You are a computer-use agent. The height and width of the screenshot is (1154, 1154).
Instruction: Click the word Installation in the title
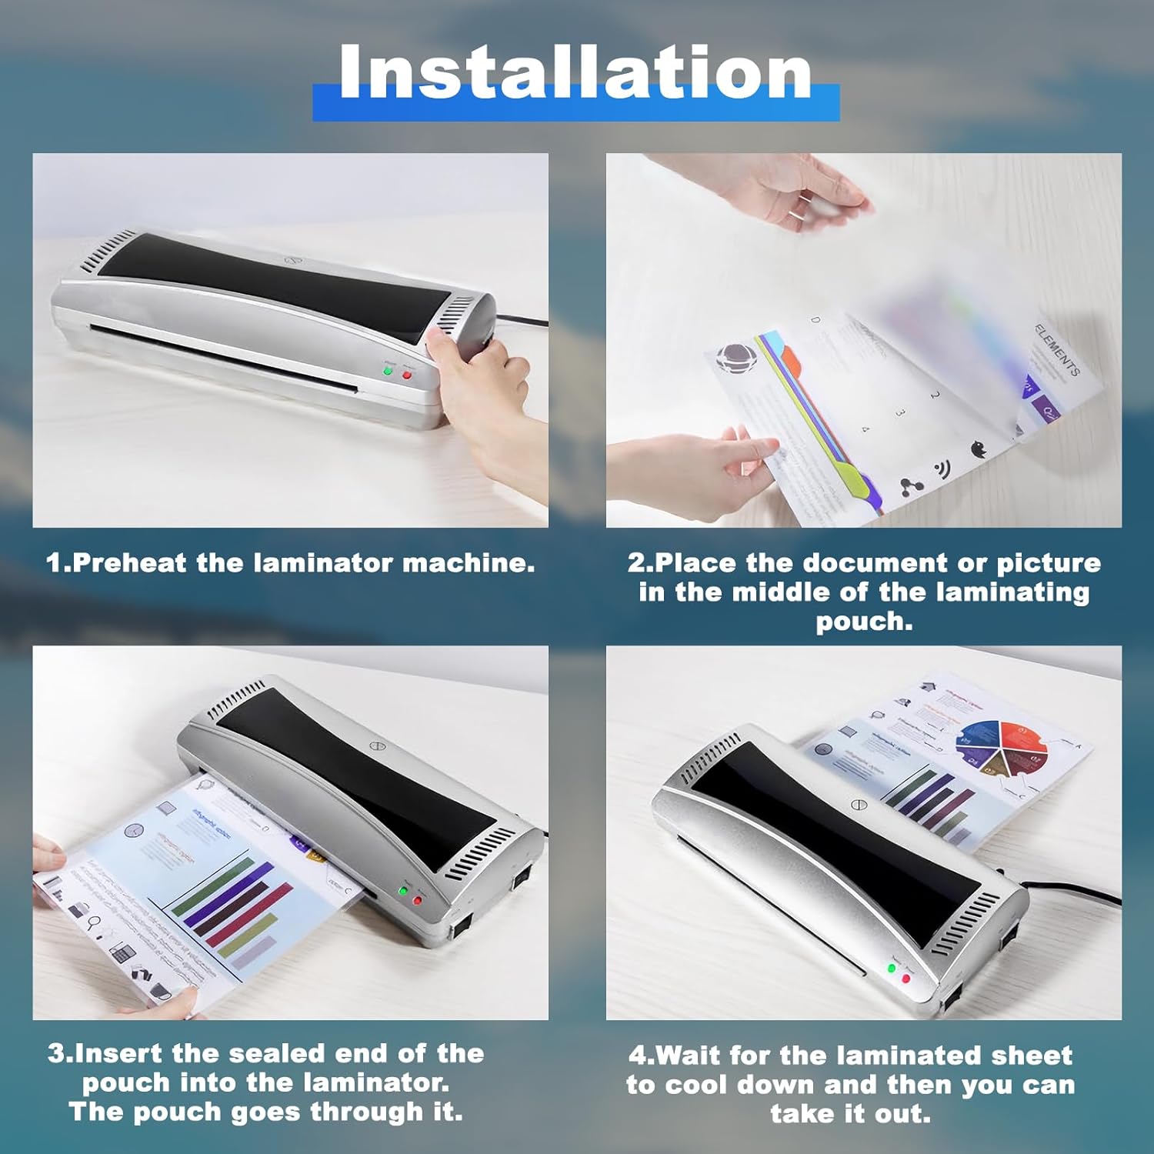tap(575, 73)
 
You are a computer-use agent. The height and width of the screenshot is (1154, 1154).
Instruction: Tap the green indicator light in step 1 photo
tap(389, 372)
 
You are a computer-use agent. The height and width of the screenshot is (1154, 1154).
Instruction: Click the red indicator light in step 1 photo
tap(407, 375)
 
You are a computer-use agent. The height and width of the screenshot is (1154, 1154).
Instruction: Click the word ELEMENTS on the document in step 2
tap(1057, 351)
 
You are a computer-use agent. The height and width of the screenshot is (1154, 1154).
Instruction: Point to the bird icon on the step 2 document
tap(979, 449)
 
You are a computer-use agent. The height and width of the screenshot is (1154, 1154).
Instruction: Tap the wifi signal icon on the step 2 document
tap(942, 469)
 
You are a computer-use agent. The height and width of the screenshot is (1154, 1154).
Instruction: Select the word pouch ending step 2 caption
tap(863, 622)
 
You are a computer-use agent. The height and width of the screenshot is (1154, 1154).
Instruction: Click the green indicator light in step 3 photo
tap(402, 891)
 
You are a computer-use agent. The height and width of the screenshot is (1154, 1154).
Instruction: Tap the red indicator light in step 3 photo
tap(418, 899)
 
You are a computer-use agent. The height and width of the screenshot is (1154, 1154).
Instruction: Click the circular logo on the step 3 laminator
tap(375, 747)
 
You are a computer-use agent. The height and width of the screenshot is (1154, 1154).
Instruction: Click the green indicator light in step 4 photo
tap(892, 968)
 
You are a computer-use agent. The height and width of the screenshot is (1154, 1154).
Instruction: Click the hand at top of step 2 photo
tap(800, 188)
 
